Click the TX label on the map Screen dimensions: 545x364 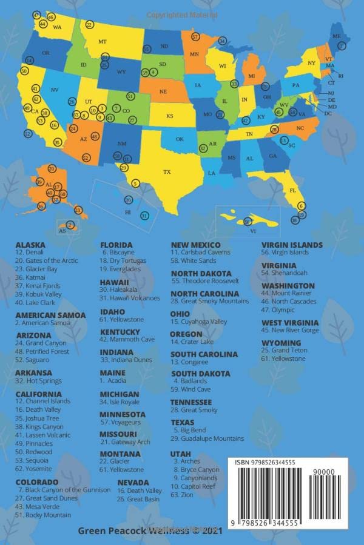click(x=167, y=172)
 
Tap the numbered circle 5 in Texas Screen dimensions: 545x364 click(x=135, y=183)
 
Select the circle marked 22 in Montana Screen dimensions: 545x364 click(x=90, y=25)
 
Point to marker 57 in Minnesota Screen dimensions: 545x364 click(x=195, y=37)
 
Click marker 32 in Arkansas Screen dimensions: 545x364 click(x=203, y=148)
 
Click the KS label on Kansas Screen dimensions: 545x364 click(x=170, y=116)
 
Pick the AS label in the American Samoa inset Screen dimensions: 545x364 click(x=62, y=231)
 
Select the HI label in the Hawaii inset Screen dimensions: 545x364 click(x=128, y=213)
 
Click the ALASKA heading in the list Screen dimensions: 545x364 click(x=30, y=245)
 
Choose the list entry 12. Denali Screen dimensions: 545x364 click(x=33, y=253)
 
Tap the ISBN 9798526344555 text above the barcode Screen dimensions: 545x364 click(x=266, y=462)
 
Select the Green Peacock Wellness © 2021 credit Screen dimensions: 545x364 click(x=150, y=530)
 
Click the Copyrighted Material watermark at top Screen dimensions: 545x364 click(x=182, y=14)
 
